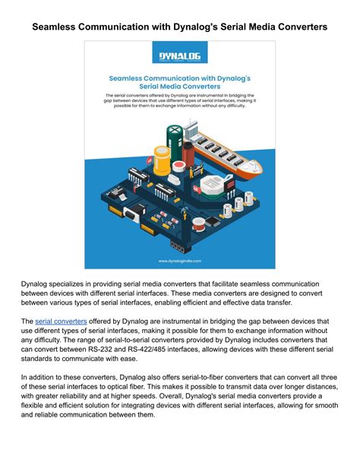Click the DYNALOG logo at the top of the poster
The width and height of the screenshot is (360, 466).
coord(180,56)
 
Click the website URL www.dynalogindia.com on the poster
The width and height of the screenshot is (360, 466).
coord(180,260)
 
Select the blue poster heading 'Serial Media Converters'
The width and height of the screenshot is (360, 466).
coord(180,87)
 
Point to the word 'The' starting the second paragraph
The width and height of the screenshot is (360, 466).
coord(27,322)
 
